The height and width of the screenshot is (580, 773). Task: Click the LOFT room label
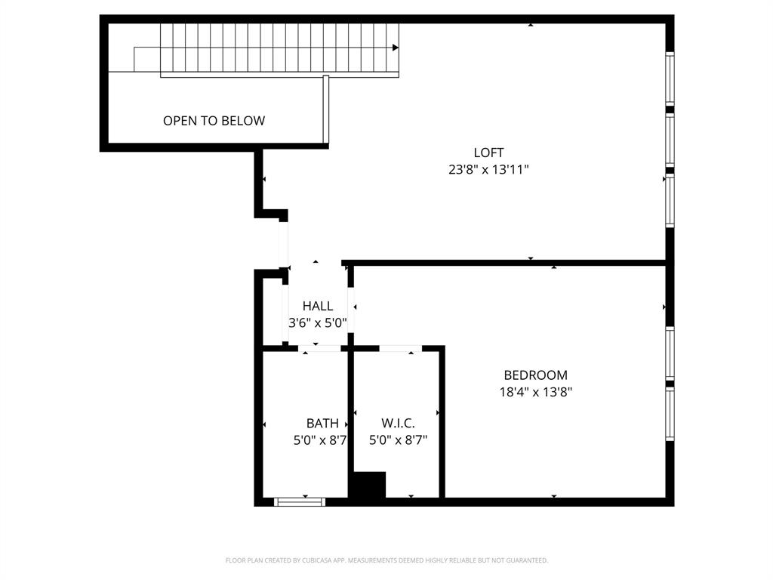(488, 153)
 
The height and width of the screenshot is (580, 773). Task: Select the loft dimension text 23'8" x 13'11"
(488, 170)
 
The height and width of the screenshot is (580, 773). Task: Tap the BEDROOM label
(535, 375)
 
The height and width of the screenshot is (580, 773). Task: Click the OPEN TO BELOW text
(214, 121)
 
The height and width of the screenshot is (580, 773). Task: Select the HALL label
(318, 306)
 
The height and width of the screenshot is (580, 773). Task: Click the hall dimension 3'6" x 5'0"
(318, 322)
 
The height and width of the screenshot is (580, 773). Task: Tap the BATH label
(322, 424)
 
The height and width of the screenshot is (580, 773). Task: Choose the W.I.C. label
(398, 424)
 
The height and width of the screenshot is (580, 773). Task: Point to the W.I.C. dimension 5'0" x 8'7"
(398, 440)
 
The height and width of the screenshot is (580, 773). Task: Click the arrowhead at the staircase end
(395, 48)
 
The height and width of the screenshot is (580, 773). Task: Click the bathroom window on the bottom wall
(300, 501)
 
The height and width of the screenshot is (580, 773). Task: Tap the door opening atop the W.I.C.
(400, 348)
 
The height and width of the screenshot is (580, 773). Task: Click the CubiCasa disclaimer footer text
(386, 560)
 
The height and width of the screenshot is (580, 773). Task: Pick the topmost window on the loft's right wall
(669, 79)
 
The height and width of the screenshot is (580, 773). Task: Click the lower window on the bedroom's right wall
(669, 413)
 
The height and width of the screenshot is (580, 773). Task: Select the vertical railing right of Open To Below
(325, 110)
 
